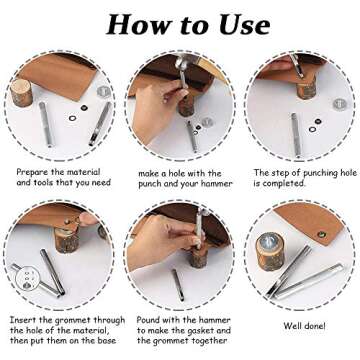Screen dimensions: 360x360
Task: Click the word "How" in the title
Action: click(x=132, y=24)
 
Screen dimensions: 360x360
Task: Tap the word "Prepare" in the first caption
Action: click(x=32, y=173)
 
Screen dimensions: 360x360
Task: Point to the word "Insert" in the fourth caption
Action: click(x=22, y=320)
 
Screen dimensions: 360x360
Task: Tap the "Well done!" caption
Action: click(x=304, y=326)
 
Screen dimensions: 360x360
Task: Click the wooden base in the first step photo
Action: click(x=21, y=92)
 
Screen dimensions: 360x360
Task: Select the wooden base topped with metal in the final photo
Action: click(x=270, y=251)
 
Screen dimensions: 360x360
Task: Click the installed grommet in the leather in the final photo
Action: click(x=321, y=235)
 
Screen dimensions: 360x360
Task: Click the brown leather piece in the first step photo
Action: click(x=59, y=75)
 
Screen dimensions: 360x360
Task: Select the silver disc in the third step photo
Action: click(x=339, y=104)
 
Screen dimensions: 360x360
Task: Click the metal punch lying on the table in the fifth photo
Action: click(x=178, y=285)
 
